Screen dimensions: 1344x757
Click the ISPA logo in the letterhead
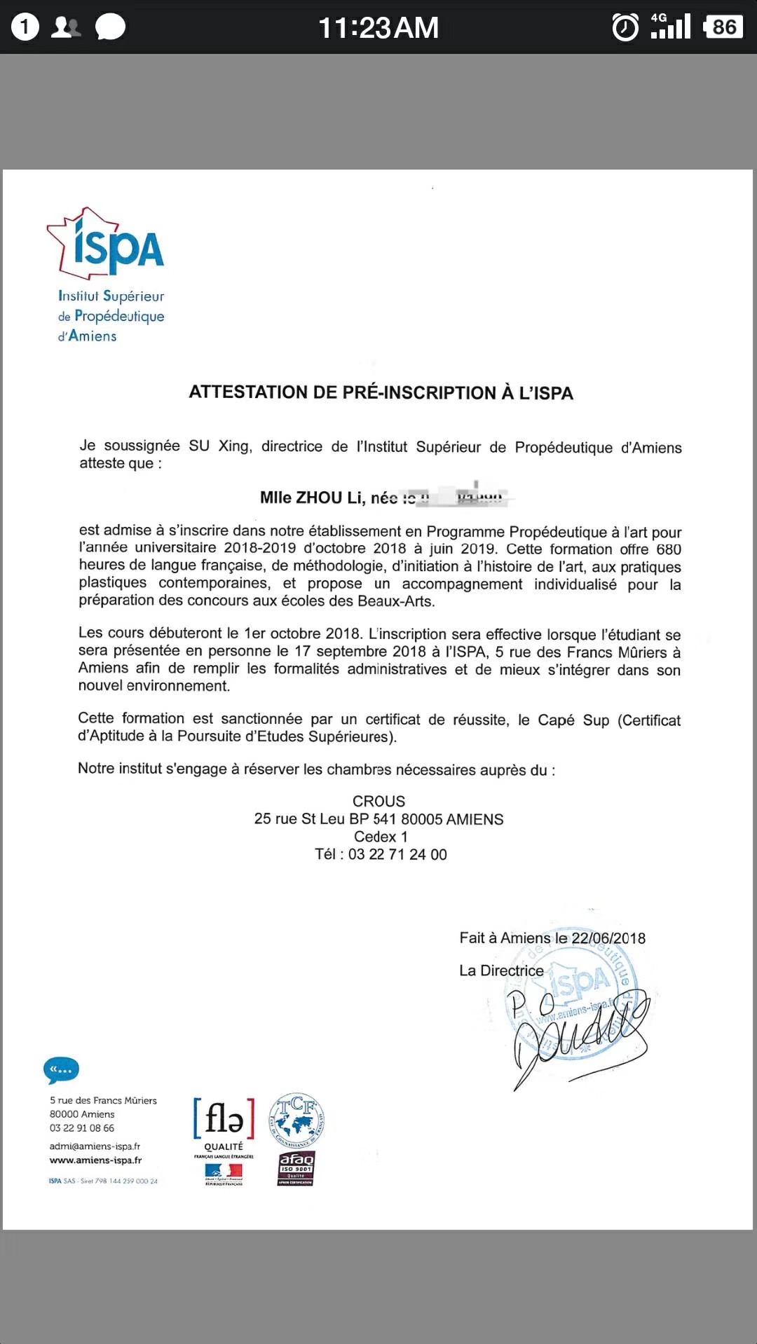click(x=107, y=245)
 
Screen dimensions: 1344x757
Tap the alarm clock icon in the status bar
click(x=625, y=27)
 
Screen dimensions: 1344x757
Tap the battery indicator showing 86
click(x=723, y=27)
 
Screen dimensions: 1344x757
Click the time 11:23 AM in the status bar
click(x=378, y=28)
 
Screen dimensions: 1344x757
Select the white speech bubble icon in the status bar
click(x=110, y=27)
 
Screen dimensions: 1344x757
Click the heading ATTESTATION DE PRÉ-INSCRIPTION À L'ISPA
click(x=381, y=392)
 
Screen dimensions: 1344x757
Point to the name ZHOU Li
click(x=329, y=498)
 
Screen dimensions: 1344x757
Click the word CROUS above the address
click(x=378, y=801)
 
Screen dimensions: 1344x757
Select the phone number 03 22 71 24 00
click(x=397, y=854)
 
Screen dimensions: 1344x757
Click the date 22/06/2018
click(x=608, y=938)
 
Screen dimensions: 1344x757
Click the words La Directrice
click(x=501, y=971)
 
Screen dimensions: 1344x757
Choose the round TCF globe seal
click(x=296, y=1119)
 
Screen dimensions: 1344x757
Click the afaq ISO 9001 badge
click(x=296, y=1168)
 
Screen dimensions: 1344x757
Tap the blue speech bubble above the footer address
click(x=61, y=1070)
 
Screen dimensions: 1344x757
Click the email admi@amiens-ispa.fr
click(x=95, y=1146)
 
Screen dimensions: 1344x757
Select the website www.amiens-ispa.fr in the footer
click(x=95, y=1160)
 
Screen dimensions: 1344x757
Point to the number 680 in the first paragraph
click(x=668, y=549)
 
